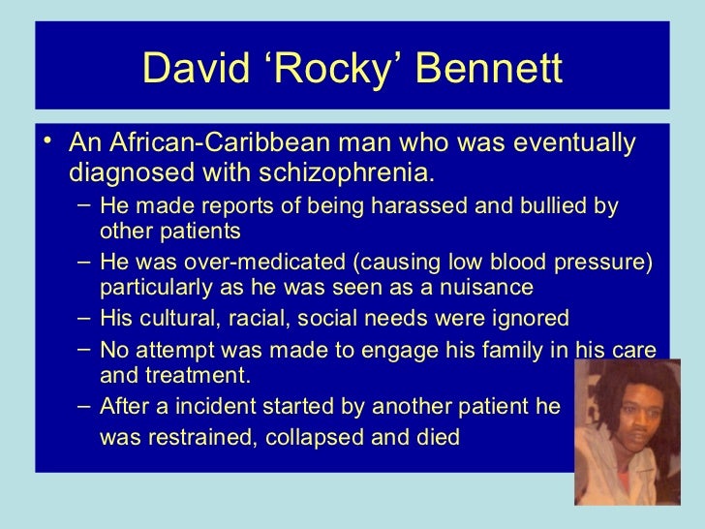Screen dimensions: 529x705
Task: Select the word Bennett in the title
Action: pyautogui.click(x=485, y=67)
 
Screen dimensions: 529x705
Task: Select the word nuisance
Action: pyautogui.click(x=484, y=288)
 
